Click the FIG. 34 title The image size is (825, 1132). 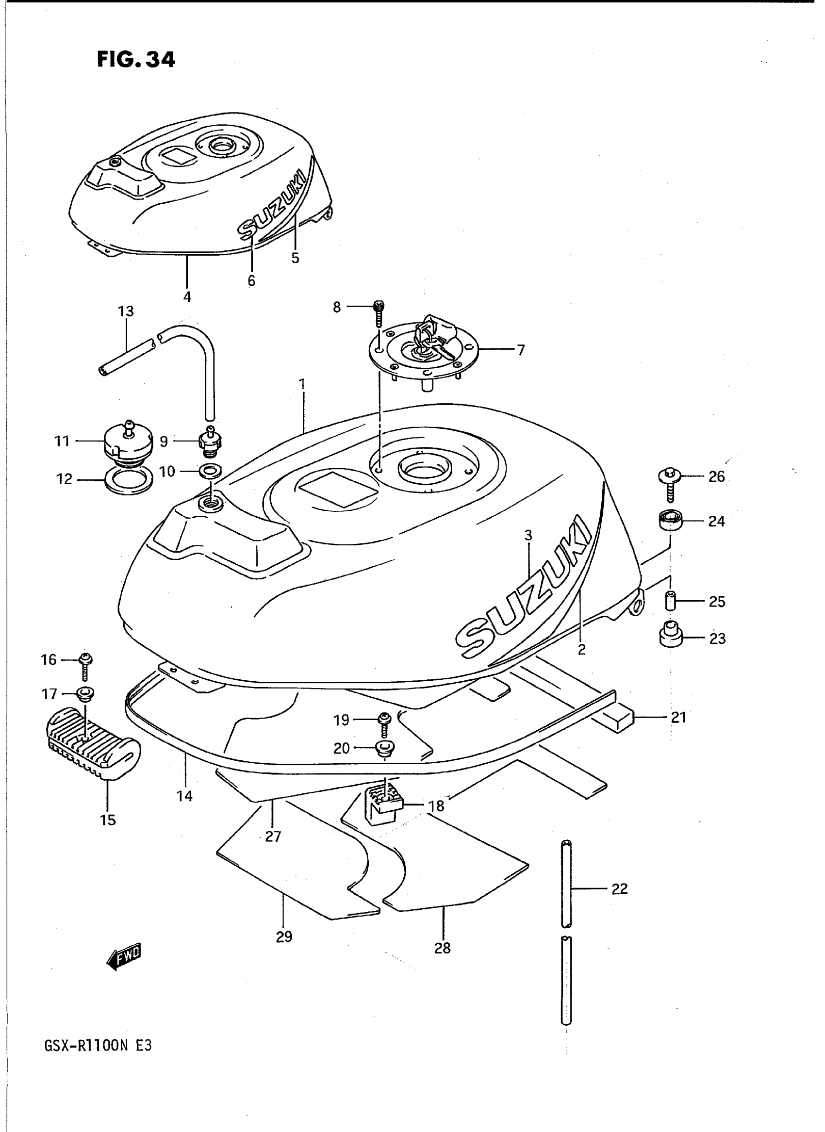click(136, 59)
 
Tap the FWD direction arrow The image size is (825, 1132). click(124, 956)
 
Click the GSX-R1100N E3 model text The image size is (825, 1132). click(98, 1045)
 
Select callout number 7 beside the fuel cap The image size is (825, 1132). click(521, 350)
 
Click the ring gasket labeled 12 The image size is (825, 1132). click(128, 481)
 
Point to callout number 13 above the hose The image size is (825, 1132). click(126, 312)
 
